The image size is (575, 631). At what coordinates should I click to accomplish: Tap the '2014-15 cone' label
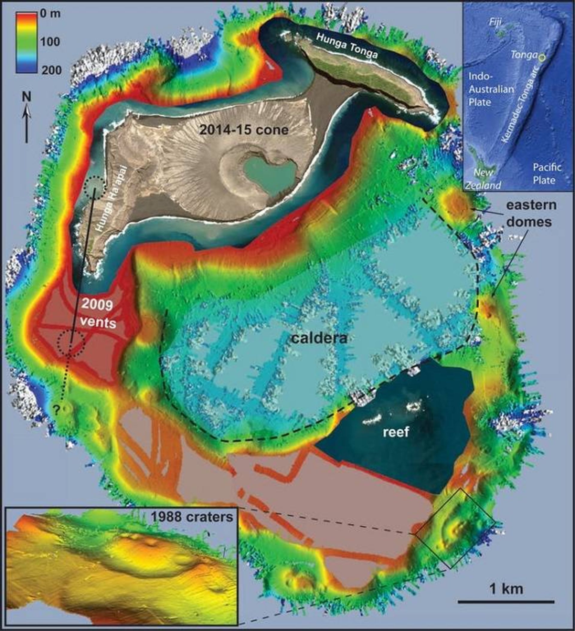tap(244, 129)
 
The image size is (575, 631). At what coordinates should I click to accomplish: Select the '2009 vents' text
tap(97, 313)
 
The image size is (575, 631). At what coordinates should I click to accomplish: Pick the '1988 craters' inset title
tap(192, 516)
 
